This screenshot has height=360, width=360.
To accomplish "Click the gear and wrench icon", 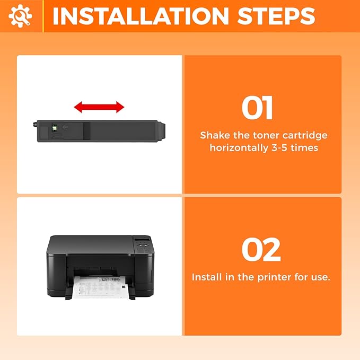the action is (20, 16).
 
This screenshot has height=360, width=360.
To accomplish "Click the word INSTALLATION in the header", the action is (141, 16).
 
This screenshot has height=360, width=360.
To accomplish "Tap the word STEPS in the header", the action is (276, 16).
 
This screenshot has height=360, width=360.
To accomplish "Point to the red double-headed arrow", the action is (99, 107).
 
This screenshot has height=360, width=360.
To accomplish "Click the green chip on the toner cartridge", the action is (55, 128).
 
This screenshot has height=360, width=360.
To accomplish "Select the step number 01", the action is (257, 108).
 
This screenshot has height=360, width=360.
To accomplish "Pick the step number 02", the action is (261, 250).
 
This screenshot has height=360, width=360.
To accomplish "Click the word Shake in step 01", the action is (215, 135).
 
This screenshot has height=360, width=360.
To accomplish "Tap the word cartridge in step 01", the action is (305, 136).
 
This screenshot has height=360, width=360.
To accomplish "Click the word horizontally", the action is (239, 147).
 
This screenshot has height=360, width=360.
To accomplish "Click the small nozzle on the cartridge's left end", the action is (35, 125).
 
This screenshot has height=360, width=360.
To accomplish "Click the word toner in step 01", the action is (266, 136).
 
